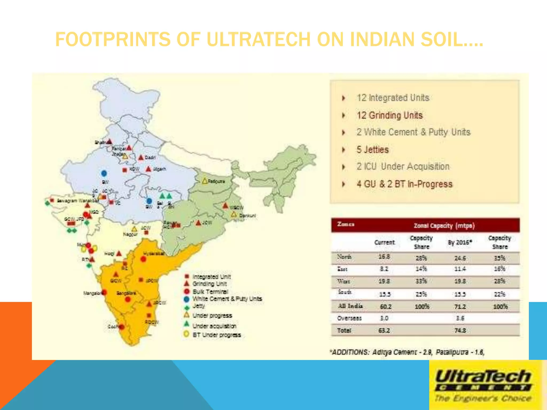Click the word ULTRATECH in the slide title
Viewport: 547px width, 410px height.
click(258, 40)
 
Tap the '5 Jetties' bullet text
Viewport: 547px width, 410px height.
click(373, 150)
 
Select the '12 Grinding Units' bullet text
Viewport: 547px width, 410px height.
click(390, 115)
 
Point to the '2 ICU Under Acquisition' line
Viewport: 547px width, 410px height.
click(403, 167)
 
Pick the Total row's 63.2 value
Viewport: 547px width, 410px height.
click(384, 330)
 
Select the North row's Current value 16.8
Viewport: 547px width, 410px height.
click(384, 257)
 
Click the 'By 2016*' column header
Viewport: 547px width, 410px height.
click(460, 242)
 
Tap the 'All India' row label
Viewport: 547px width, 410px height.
click(350, 306)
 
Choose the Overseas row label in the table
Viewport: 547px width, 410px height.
click(349, 318)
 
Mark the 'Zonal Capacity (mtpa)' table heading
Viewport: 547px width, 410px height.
click(444, 226)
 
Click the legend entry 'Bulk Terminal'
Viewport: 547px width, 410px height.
click(210, 291)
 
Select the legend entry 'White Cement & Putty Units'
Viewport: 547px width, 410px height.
click(227, 299)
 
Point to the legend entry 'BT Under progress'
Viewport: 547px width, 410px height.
click(217, 335)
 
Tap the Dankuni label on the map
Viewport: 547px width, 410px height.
click(247, 216)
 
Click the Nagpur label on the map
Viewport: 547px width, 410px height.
click(130, 234)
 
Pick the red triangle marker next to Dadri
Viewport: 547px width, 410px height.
click(141, 157)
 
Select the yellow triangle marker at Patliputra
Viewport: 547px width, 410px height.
click(205, 181)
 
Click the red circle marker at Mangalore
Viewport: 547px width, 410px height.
click(104, 293)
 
